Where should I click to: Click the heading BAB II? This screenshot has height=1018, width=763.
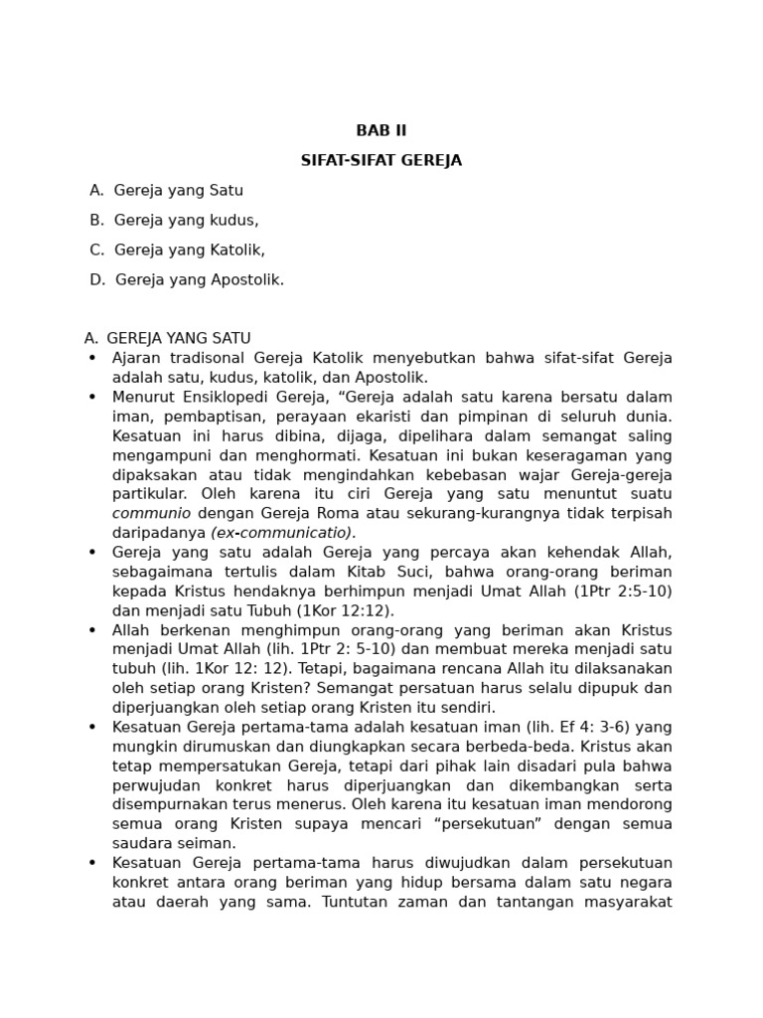(381, 130)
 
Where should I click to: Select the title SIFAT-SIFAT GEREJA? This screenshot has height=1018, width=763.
(381, 160)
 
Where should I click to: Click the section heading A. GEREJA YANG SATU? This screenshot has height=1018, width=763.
(168, 338)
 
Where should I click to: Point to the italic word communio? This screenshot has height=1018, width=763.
(151, 513)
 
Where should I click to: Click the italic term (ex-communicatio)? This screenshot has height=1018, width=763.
(282, 532)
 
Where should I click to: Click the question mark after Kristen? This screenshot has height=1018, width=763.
(363, 688)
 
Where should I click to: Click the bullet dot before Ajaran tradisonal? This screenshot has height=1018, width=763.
(92, 358)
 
